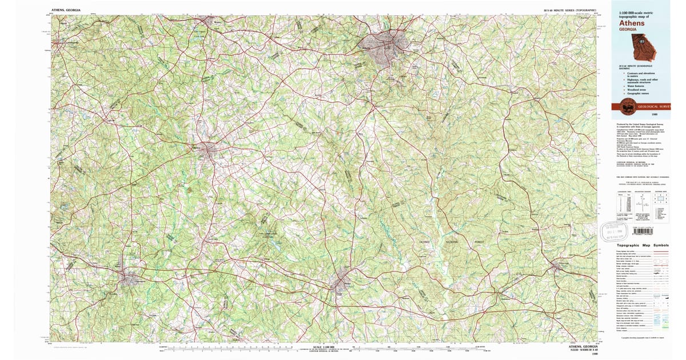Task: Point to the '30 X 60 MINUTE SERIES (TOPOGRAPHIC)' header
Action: (570, 10)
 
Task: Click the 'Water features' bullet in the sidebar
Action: (635, 84)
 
